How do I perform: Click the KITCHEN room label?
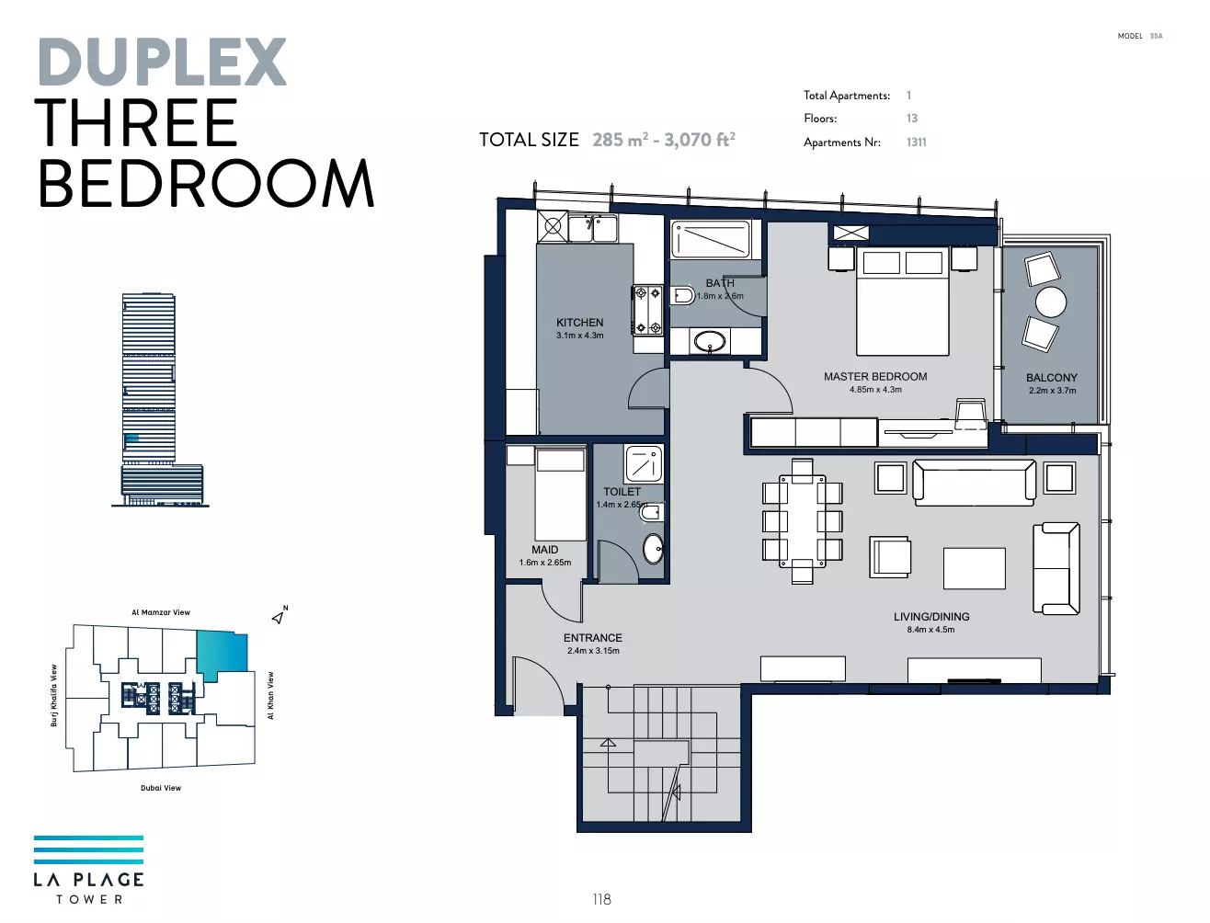click(x=579, y=323)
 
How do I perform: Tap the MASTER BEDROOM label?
click(x=875, y=376)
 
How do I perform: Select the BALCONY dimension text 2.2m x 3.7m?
click(x=1052, y=391)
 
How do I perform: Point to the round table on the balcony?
click(x=1051, y=302)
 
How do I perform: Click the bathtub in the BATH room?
click(x=711, y=240)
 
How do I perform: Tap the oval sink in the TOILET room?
click(x=654, y=548)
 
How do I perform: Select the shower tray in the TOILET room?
click(x=644, y=464)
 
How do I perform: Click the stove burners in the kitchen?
click(x=648, y=310)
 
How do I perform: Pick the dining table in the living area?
click(x=802, y=521)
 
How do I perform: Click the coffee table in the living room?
click(x=974, y=568)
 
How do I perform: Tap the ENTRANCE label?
click(x=593, y=638)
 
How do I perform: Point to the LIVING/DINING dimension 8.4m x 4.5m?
click(x=931, y=630)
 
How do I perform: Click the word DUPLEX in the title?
click(x=163, y=62)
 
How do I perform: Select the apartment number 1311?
click(x=916, y=142)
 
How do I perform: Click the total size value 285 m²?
click(x=620, y=140)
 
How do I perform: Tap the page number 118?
click(x=602, y=900)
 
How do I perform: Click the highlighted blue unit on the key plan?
click(x=222, y=655)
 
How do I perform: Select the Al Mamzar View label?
click(x=161, y=612)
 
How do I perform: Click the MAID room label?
click(x=544, y=550)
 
